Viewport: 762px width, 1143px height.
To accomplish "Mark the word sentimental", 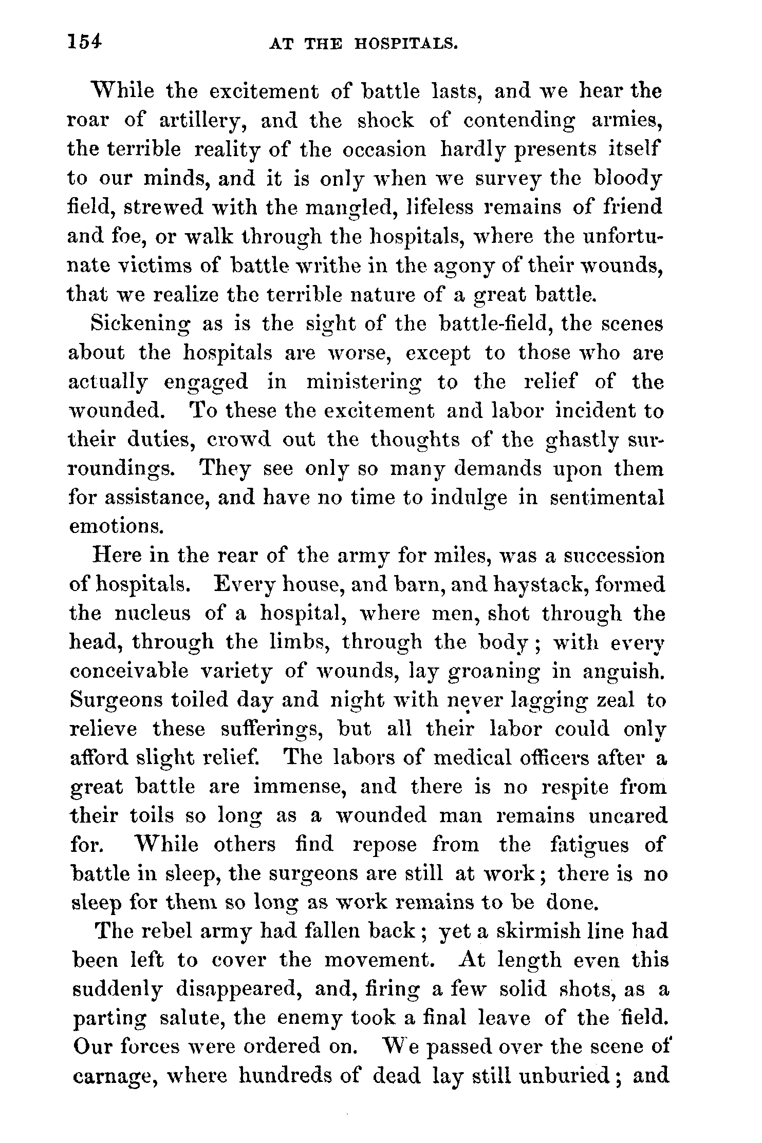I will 607,498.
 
